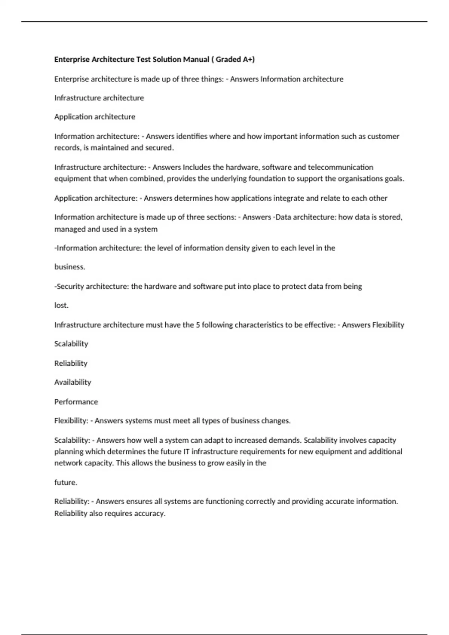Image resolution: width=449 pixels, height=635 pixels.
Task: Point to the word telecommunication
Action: click(x=340, y=167)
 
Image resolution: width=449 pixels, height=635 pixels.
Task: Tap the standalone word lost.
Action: click(x=61, y=306)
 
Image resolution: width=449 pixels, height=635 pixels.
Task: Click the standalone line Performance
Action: click(x=76, y=402)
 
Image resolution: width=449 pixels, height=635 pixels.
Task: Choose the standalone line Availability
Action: click(x=73, y=382)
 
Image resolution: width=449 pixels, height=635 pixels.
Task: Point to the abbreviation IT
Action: click(x=187, y=452)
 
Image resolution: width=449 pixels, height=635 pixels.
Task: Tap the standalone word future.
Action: click(x=65, y=483)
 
